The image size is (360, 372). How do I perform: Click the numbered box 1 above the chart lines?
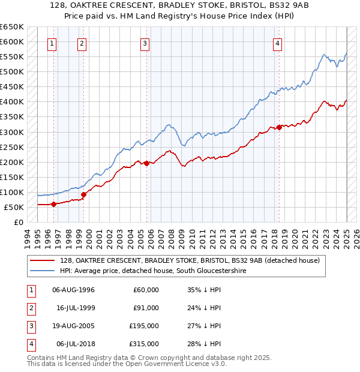(x=52, y=43)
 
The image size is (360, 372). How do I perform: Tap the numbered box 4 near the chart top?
(x=278, y=43)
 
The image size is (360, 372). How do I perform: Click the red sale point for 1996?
(x=53, y=204)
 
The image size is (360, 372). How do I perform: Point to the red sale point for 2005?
(x=147, y=163)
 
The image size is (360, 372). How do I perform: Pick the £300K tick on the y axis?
(x=13, y=132)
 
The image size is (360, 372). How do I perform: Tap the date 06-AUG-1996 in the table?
(x=74, y=290)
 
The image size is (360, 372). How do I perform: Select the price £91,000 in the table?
(x=146, y=308)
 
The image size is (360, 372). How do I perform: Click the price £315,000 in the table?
(x=144, y=344)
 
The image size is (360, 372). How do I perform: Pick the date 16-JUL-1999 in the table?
(x=76, y=308)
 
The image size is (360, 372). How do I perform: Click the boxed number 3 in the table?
(x=29, y=326)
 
